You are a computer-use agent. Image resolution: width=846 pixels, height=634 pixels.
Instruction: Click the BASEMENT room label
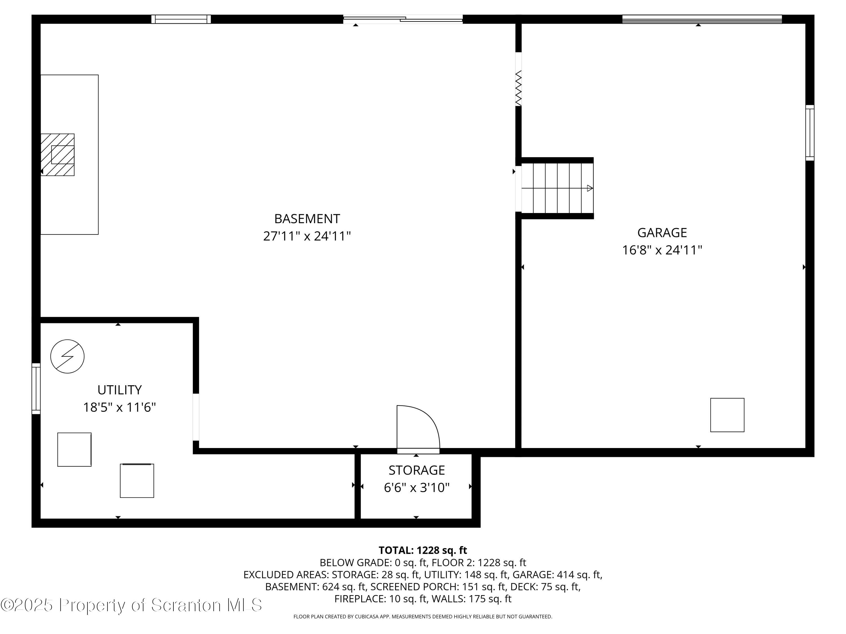point(307,219)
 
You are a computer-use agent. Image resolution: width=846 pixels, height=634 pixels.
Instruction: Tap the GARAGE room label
point(662,232)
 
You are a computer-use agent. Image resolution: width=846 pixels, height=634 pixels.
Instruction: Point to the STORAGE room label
point(417,470)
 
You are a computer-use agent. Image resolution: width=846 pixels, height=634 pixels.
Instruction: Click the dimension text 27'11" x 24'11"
point(307,236)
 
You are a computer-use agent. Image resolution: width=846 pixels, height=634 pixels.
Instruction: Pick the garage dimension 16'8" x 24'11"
point(662,250)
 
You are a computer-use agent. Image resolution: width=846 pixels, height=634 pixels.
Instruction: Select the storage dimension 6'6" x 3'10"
point(417,488)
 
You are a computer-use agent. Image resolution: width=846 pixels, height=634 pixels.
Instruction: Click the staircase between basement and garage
point(557,188)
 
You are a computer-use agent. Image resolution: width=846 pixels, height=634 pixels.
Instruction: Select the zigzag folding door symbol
point(518,88)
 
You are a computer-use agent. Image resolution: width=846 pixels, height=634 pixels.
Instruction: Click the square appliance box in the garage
point(727,415)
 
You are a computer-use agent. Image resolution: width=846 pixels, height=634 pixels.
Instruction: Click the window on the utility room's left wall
point(36,388)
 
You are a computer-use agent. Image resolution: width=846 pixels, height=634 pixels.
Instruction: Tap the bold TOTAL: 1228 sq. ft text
point(423,550)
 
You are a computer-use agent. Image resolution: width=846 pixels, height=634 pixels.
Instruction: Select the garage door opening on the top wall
point(702,19)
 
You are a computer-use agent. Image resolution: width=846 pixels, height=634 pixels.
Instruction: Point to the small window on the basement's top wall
point(181,19)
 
